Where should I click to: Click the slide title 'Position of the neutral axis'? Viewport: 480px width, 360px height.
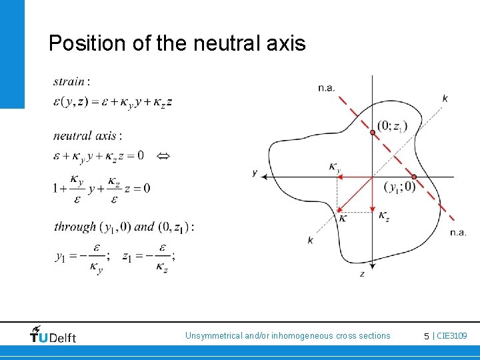point(177,43)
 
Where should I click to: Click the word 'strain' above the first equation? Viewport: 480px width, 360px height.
point(69,82)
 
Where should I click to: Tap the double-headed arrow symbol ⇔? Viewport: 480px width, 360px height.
point(163,156)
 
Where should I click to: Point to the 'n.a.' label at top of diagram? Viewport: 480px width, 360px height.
point(326,87)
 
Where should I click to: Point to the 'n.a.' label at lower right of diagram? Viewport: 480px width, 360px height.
point(457,231)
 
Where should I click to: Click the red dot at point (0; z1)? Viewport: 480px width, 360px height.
point(373,133)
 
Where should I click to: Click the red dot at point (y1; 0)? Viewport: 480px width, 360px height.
point(414,177)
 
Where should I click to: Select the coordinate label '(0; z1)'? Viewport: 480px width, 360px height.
point(391,125)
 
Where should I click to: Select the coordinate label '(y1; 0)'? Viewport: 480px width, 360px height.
point(399,187)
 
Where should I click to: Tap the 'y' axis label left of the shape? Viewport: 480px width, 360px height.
point(255,173)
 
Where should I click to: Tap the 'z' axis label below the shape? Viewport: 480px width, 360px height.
point(362,273)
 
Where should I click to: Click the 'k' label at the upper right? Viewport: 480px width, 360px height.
point(445,98)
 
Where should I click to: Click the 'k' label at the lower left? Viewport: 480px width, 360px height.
point(311,239)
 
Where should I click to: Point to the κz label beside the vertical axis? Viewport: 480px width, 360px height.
point(384,215)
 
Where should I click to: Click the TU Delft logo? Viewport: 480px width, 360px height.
point(53,335)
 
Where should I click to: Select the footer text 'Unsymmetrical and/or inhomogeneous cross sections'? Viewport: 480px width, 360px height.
point(287,336)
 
